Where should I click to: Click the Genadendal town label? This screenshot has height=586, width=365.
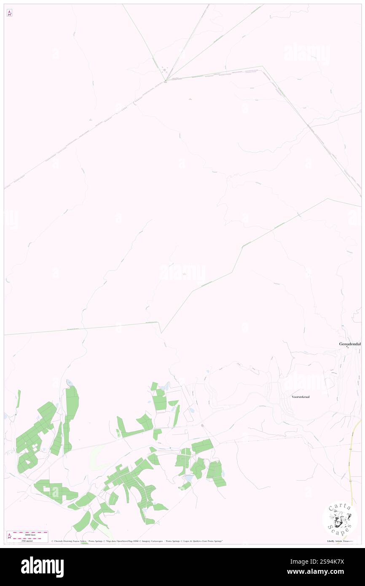point(350,344)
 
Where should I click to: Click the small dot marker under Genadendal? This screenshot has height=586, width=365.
point(347,347)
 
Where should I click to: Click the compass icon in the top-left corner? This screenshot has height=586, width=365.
point(9,13)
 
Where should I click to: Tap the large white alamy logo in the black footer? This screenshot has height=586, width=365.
point(42,567)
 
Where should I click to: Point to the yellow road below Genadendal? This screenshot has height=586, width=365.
point(351,464)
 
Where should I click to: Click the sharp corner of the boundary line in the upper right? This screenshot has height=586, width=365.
point(262,66)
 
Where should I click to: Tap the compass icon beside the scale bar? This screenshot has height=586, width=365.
point(9,536)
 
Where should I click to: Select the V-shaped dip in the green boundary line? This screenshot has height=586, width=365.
point(161,332)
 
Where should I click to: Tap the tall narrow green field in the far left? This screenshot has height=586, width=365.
point(19,399)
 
